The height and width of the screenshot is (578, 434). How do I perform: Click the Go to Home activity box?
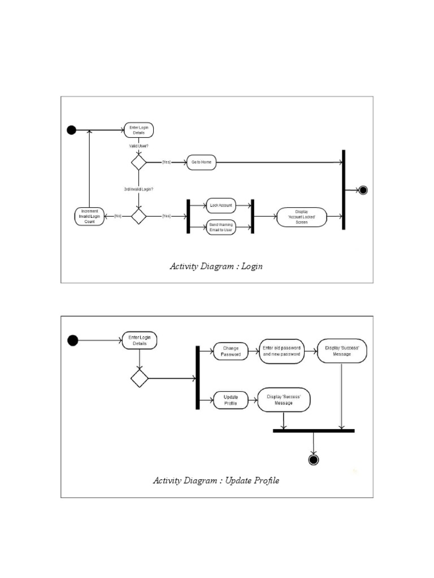click(201, 163)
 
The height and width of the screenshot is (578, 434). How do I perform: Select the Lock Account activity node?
click(220, 205)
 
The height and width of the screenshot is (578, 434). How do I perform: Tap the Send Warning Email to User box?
click(220, 228)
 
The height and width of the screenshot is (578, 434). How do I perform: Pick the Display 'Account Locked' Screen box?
click(302, 217)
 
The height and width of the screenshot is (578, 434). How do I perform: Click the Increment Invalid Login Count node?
click(90, 217)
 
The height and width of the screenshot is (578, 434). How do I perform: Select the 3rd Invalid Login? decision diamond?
click(138, 216)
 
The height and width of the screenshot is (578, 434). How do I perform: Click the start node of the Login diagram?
click(71, 130)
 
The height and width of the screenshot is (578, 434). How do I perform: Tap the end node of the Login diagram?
click(363, 190)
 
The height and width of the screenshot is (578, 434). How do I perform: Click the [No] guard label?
click(118, 216)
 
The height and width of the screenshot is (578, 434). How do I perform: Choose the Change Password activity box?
click(231, 352)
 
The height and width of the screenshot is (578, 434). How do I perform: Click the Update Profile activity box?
click(231, 400)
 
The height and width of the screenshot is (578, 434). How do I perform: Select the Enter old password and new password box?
click(281, 352)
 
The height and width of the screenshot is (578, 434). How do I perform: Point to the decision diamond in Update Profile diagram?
click(139, 378)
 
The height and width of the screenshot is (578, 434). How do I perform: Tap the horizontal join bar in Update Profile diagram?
click(314, 431)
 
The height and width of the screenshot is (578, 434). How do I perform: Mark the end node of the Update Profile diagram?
click(314, 459)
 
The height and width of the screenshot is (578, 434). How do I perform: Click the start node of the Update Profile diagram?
click(72, 340)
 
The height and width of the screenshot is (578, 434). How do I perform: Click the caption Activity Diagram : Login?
click(216, 266)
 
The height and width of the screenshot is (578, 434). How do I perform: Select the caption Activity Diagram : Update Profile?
click(216, 481)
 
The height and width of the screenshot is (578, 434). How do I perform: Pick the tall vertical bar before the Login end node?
click(344, 190)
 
